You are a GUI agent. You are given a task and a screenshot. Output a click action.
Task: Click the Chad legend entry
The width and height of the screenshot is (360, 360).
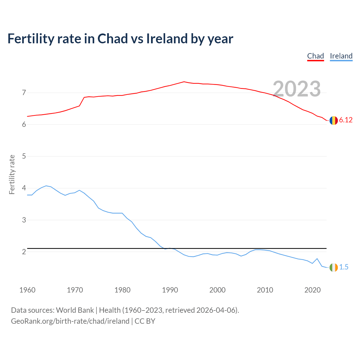315,56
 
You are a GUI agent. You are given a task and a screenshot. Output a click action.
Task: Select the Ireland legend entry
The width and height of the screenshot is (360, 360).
341,56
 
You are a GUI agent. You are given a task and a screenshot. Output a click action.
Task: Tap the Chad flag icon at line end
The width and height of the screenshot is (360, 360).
334,120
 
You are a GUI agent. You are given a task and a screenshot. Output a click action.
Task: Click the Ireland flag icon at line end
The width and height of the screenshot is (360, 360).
334,267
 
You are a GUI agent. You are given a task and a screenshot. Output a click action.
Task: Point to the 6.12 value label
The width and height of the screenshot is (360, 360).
346,120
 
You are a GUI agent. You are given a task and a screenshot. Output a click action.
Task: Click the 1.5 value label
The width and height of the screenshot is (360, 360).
344,267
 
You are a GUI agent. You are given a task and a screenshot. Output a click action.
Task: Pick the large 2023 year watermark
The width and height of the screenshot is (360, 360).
297,89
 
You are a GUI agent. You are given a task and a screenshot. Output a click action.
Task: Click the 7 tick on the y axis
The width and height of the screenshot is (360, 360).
24,93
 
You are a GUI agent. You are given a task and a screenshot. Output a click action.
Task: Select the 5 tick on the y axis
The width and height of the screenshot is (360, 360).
24,156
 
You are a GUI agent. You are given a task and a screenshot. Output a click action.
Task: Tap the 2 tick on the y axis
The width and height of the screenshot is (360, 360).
24,252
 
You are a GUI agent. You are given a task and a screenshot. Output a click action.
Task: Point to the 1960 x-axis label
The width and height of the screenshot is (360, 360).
27,290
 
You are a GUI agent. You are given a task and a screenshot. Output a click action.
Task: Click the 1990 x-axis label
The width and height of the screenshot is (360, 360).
170,290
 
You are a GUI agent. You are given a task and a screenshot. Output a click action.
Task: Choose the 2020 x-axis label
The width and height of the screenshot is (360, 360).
312,290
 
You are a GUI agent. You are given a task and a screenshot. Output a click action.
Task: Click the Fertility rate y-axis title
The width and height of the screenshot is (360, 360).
12,174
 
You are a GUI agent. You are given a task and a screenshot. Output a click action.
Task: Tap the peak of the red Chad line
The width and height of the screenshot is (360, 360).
184,82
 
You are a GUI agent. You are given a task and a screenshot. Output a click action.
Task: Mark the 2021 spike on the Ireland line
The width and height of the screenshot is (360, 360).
317,258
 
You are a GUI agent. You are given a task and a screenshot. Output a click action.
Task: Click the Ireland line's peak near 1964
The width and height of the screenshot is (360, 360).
46,186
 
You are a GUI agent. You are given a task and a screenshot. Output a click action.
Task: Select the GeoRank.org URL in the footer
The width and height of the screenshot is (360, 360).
70,321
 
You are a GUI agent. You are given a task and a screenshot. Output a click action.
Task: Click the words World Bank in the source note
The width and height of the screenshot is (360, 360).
75,310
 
